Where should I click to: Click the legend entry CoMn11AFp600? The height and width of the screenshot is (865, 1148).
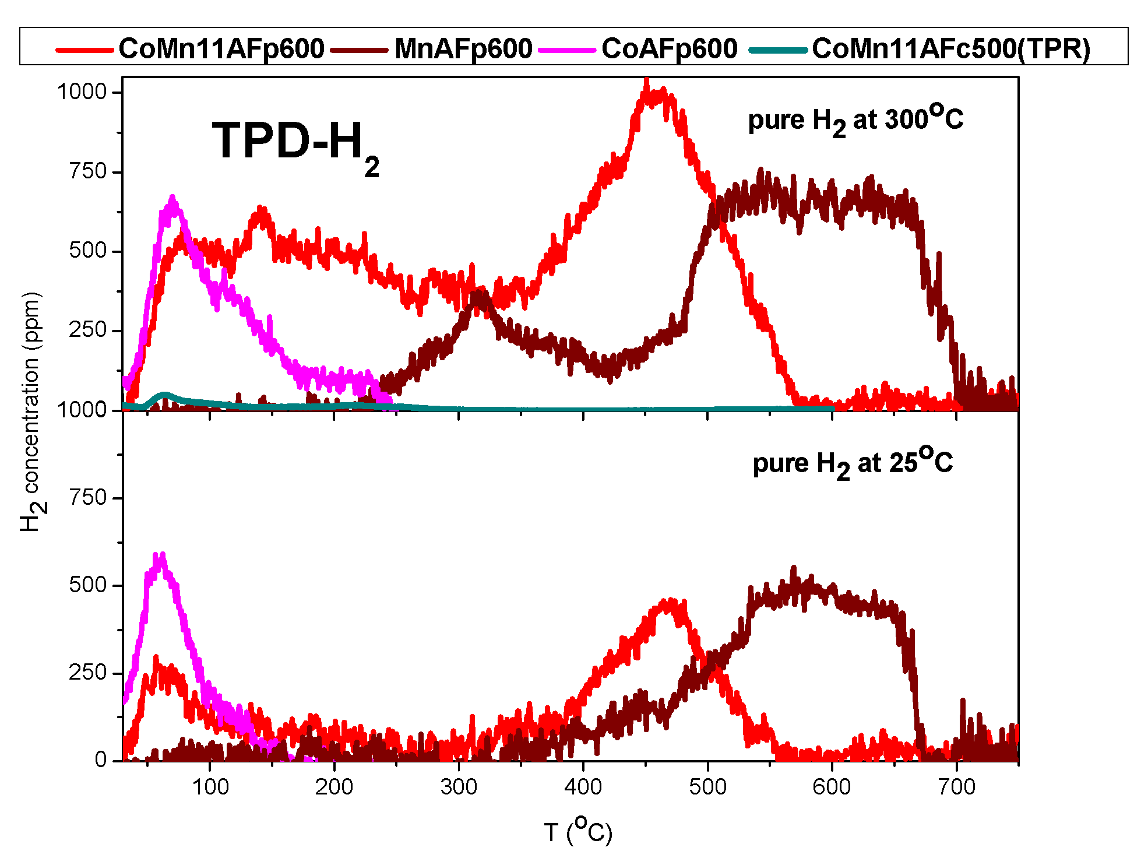pyautogui.click(x=221, y=48)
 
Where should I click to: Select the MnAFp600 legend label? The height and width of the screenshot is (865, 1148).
pyautogui.click(x=463, y=48)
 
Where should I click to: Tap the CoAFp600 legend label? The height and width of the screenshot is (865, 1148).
pyautogui.click(x=669, y=48)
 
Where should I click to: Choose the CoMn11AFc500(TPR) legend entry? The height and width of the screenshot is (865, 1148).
pyautogui.click(x=950, y=48)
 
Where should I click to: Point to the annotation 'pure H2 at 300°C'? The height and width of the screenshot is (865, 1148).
pyautogui.click(x=855, y=119)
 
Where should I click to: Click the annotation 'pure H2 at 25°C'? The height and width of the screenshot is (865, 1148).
pyautogui.click(x=852, y=463)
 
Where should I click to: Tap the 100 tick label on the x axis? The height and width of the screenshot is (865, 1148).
pyautogui.click(x=210, y=787)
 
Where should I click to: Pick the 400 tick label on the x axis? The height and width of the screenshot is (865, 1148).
pyautogui.click(x=583, y=787)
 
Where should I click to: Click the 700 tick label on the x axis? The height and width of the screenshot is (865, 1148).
pyautogui.click(x=956, y=787)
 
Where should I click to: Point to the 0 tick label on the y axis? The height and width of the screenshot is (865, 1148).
pyautogui.click(x=101, y=759)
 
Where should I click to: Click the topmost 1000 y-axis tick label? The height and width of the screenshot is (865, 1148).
pyautogui.click(x=82, y=92)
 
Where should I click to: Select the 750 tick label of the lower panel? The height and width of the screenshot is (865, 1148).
pyautogui.click(x=87, y=498)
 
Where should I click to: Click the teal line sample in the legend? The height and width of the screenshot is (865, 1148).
pyautogui.click(x=777, y=50)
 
